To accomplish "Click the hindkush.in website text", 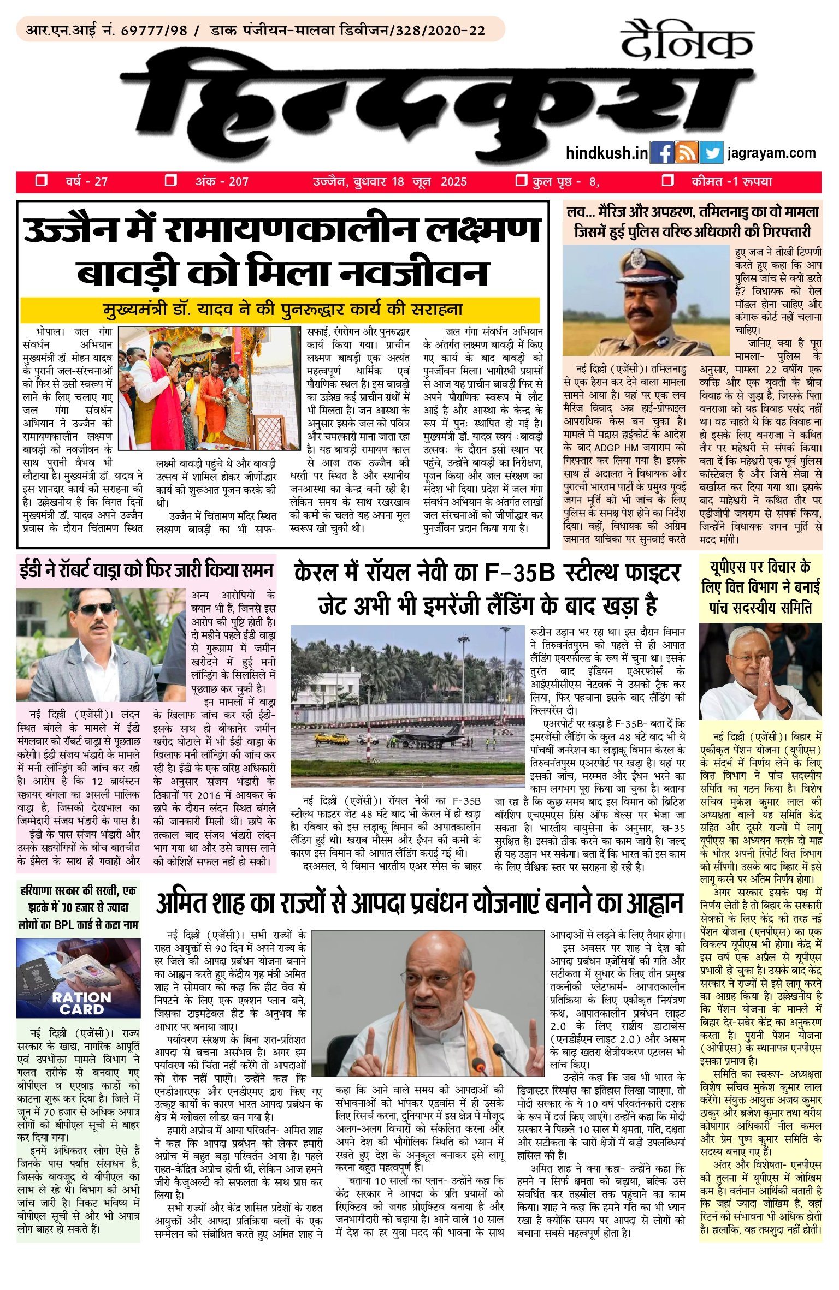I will tap(607, 153).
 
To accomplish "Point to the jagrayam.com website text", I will tap(771, 153).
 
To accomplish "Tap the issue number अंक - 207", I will tap(222, 182).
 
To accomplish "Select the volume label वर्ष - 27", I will tap(86, 182).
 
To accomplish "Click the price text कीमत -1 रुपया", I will tap(731, 182).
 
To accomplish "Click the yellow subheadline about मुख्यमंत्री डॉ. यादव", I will tap(280, 310).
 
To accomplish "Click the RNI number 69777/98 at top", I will tap(154, 31).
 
